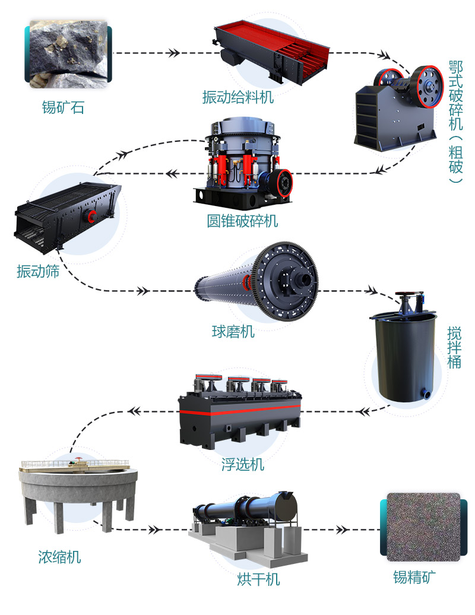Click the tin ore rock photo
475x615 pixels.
tap(68, 53)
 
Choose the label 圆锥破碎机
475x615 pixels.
tap(242, 221)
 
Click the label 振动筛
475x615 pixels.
tap(38, 272)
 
